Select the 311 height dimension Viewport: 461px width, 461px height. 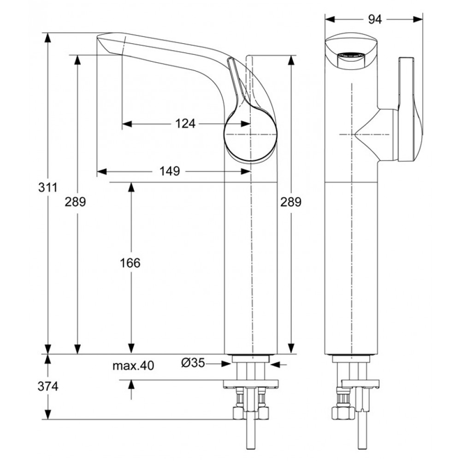click(48, 187)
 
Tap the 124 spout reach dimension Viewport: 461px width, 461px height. click(185, 124)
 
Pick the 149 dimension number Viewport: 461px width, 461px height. click(170, 171)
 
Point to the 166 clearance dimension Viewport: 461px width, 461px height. click(130, 263)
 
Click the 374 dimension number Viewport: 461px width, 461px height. click(48, 386)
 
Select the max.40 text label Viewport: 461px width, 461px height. click(133, 366)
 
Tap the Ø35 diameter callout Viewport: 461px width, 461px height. click(193, 363)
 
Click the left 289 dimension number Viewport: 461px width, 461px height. click(75, 202)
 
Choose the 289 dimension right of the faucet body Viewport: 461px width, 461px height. click(291, 202)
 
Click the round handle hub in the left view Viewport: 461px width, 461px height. click(250, 135)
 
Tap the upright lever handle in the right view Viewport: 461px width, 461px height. click(410, 109)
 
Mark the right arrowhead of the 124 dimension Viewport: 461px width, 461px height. click(246, 124)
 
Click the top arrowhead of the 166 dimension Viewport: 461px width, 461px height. click(131, 187)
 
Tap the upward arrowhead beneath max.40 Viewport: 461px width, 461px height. click(131, 384)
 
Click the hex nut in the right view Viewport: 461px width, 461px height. click(343, 413)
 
